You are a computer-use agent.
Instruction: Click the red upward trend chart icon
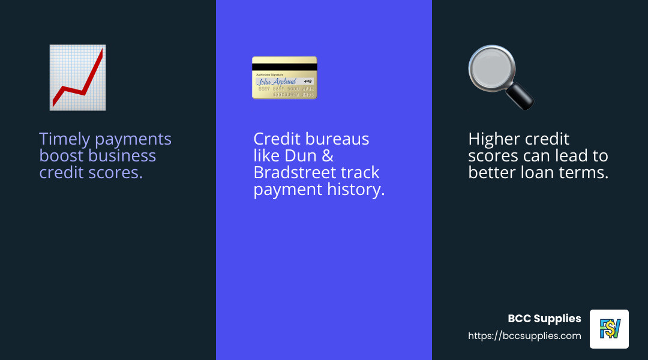coord(77,77)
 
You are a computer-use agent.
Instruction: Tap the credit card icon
coord(284,77)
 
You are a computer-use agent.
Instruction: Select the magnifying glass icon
coord(500,77)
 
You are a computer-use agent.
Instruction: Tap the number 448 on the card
coord(308,81)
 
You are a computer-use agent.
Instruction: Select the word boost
coord(62,156)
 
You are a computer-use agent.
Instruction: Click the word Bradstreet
coord(294,173)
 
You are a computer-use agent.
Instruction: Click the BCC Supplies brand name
coord(544,319)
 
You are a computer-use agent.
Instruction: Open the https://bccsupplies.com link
coord(524,336)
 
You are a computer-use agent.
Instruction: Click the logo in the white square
coord(609,329)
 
